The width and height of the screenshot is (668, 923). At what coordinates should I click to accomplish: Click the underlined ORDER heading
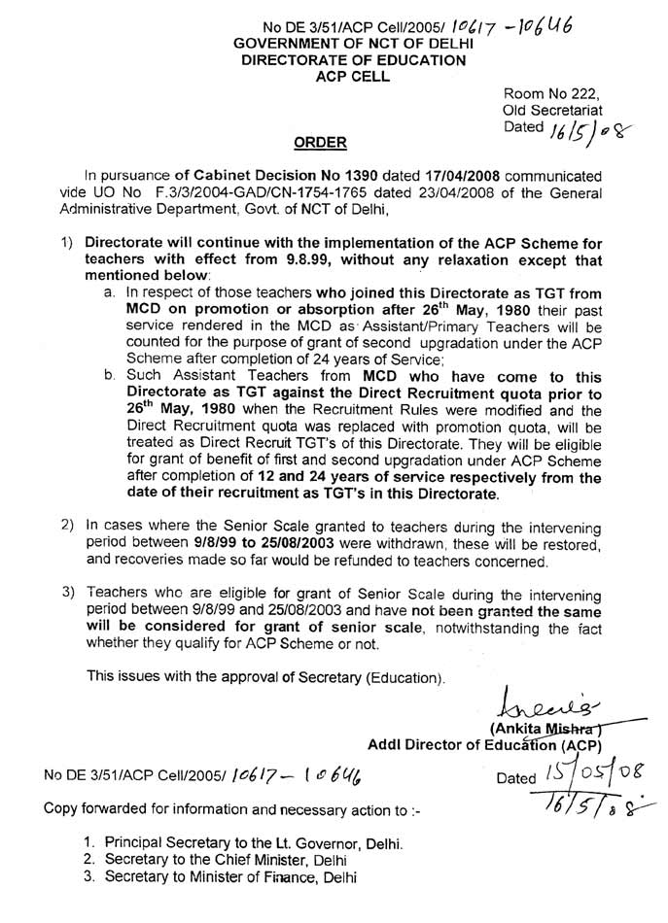click(320, 143)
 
